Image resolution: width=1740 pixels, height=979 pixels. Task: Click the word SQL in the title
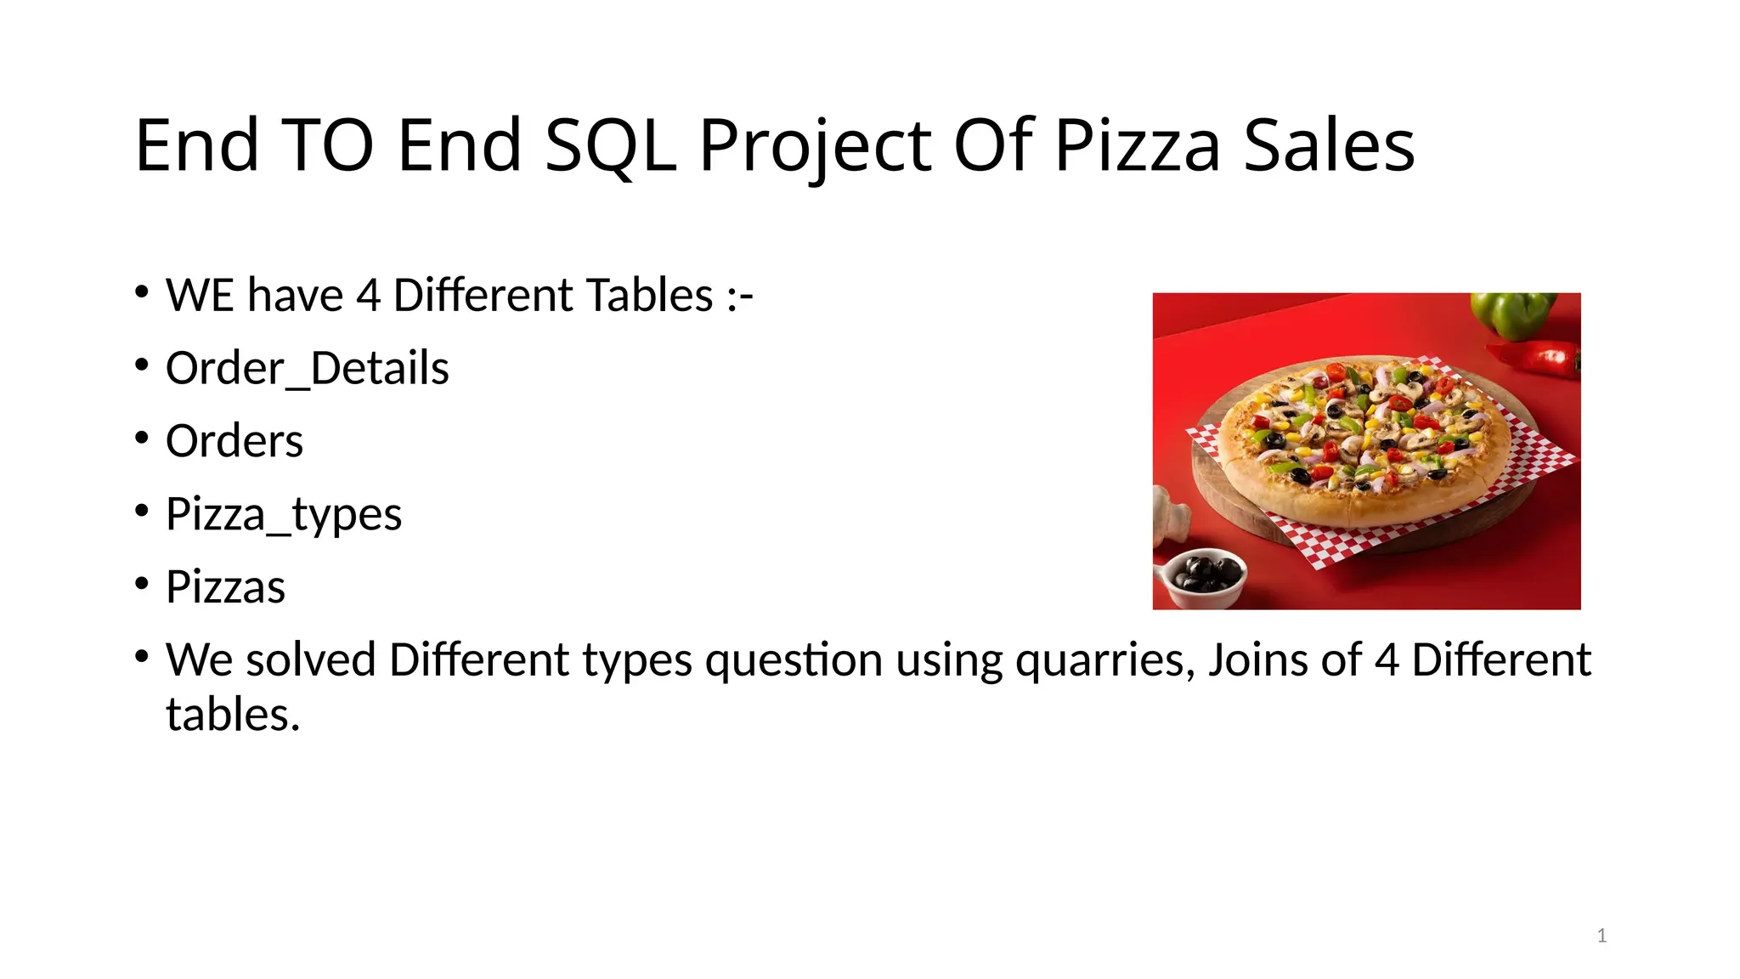pos(610,146)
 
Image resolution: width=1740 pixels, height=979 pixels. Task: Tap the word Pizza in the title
pos(1138,146)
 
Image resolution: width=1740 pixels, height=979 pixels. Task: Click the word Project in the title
pos(815,146)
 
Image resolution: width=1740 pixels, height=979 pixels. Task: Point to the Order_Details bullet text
pos(307,369)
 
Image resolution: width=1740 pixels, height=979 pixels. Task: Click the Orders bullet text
pos(234,441)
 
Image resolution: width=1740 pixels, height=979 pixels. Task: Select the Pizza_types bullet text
pos(284,515)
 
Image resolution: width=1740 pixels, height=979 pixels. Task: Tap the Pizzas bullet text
pos(225,587)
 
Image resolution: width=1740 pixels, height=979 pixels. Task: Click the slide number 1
pos(1602,936)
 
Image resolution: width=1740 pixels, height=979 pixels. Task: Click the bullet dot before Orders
pos(142,439)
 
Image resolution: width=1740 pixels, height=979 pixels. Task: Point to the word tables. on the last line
pos(233,715)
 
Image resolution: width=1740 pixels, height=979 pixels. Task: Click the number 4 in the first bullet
pos(368,296)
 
